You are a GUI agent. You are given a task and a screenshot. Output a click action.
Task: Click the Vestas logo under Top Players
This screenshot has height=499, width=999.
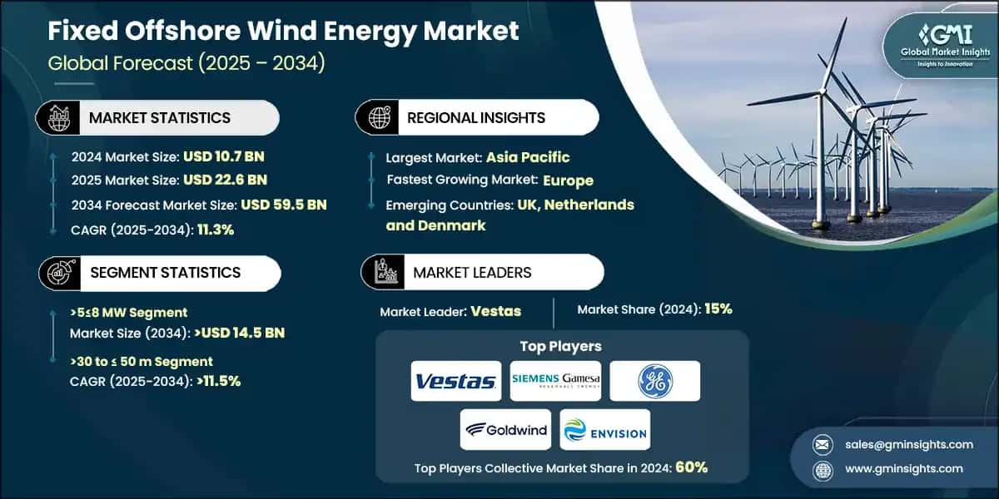tap(456, 381)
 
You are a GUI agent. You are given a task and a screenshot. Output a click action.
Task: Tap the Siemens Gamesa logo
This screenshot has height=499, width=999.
tap(555, 381)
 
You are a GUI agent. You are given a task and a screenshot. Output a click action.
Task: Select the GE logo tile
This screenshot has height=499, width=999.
tap(655, 381)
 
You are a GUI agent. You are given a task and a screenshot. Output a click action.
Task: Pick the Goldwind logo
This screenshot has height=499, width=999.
tap(506, 429)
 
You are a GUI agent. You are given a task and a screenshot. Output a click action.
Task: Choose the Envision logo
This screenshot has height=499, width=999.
tap(605, 429)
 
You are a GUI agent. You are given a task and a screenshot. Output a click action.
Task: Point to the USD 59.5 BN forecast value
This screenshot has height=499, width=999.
tap(283, 205)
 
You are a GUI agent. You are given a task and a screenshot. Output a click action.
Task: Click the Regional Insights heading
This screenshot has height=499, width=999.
tap(475, 118)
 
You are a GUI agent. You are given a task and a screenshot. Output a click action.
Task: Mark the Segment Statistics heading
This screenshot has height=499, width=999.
tap(164, 273)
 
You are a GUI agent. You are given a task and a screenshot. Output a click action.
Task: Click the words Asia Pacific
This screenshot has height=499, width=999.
tap(528, 156)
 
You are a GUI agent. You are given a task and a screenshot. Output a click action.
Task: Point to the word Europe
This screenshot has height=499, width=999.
tap(568, 180)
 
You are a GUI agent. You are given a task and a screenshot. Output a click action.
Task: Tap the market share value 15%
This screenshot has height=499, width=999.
tap(718, 309)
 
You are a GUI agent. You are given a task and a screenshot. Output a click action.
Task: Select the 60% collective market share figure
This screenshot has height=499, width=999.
tap(691, 467)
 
